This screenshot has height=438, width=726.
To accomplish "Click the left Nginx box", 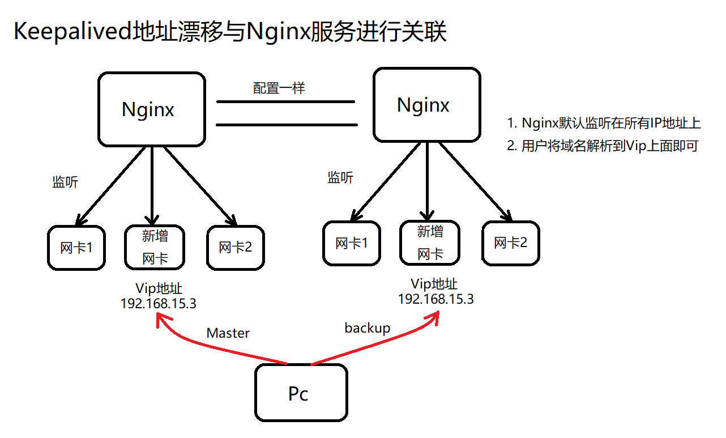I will [x=151, y=109].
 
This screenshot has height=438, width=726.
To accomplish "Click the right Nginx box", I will [x=426, y=105].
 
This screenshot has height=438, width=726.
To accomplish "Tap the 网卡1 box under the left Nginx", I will [x=76, y=248].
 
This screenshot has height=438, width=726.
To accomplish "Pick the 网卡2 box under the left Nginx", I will [x=236, y=248].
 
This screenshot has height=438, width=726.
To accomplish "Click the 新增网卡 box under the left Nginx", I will [x=155, y=246].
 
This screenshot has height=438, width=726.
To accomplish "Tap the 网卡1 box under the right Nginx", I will [x=352, y=244].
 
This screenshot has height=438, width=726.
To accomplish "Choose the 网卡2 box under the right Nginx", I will [x=511, y=243].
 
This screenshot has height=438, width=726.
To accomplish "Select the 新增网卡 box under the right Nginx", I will [x=430, y=243].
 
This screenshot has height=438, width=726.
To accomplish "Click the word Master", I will [x=228, y=333].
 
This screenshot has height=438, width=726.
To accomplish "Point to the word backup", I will [x=367, y=328].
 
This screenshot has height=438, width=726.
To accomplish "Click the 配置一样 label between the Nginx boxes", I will [x=279, y=88].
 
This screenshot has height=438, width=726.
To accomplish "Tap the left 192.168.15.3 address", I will [x=158, y=303].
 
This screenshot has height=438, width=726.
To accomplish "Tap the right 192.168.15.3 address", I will [x=435, y=299].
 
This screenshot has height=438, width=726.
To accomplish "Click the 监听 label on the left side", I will [x=65, y=182].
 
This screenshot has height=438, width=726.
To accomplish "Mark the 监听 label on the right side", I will [x=340, y=178].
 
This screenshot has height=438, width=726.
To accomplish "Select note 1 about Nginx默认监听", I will [x=604, y=124].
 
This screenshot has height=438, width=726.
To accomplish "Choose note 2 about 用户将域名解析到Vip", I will [x=603, y=146].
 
